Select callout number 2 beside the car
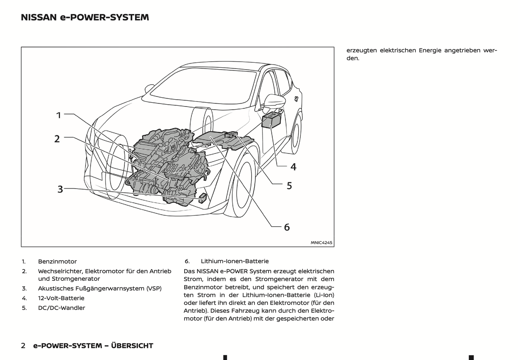click(57, 139)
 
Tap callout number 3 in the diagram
click(60, 189)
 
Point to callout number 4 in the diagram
click(293, 167)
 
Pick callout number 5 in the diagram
click(289, 186)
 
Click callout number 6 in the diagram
click(287, 227)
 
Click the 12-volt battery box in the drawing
click(271, 120)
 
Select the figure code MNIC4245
click(321, 243)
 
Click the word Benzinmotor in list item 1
click(57, 262)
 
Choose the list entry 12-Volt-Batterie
click(61, 298)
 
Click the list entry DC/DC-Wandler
click(62, 308)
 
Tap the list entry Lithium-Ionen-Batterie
click(234, 261)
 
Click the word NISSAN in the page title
click(39, 17)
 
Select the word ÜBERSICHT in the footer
click(132, 346)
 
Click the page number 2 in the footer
click(23, 346)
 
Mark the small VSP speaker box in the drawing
click(202, 197)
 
